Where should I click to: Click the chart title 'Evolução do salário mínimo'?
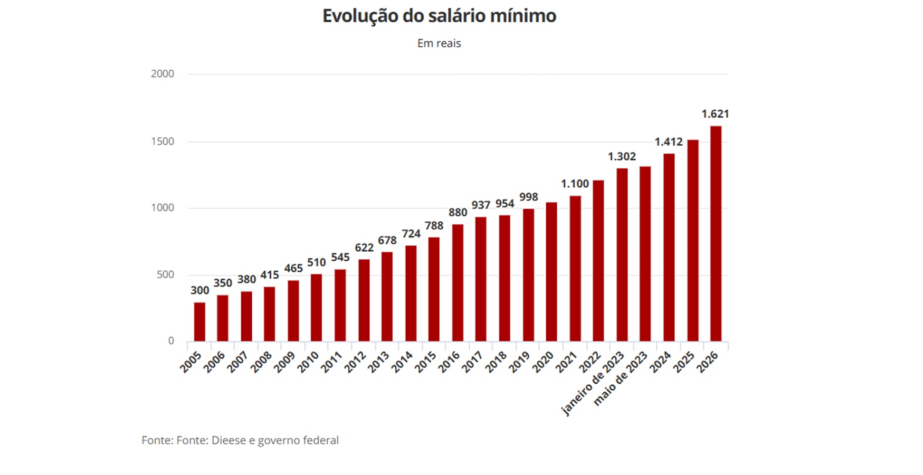pyautogui.click(x=439, y=16)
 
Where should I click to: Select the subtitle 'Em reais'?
pyautogui.click(x=439, y=43)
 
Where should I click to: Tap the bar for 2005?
pyautogui.click(x=199, y=321)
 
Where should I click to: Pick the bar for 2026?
pyautogui.click(x=716, y=233)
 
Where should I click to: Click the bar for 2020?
pyautogui.click(x=551, y=271)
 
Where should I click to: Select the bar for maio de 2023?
pyautogui.click(x=645, y=253)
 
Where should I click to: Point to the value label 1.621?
pyautogui.click(x=715, y=114)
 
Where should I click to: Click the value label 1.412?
pyautogui.click(x=669, y=142)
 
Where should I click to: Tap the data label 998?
pyautogui.click(x=528, y=197)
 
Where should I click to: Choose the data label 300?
pyautogui.click(x=199, y=290)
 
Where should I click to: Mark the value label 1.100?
pyautogui.click(x=575, y=184)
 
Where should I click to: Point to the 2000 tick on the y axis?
pyautogui.click(x=162, y=74)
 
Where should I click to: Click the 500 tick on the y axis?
pyautogui.click(x=165, y=274)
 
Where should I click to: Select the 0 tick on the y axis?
pyautogui.click(x=170, y=341)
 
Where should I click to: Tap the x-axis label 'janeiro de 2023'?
pyautogui.click(x=592, y=384)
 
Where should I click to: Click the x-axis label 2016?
pyautogui.click(x=449, y=363)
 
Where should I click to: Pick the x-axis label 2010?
pyautogui.click(x=308, y=363)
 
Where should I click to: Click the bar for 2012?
pyautogui.click(x=364, y=300)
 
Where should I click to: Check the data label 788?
pyautogui.click(x=434, y=226)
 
